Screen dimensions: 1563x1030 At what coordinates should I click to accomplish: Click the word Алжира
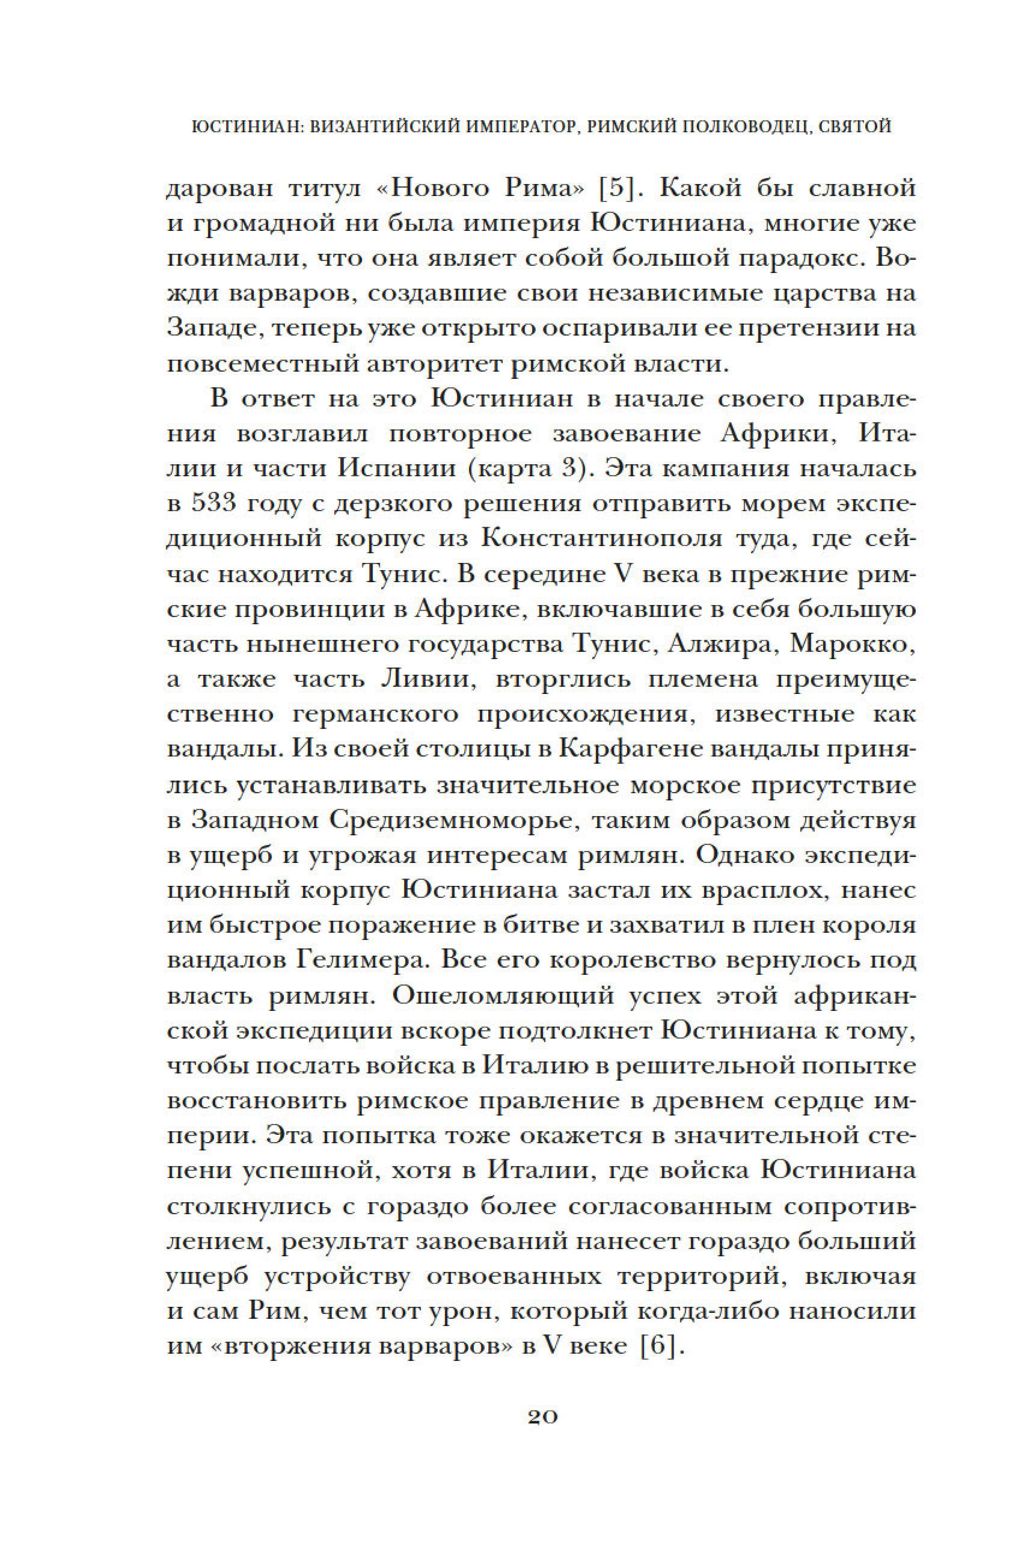coord(719,645)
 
